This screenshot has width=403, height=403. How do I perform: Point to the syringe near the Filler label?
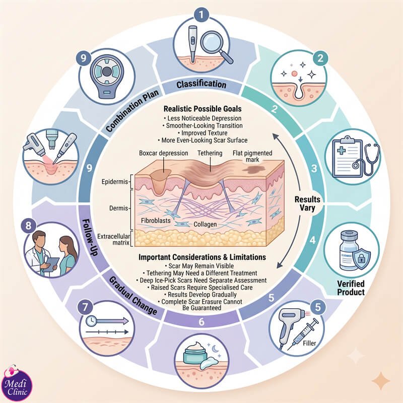(303, 333)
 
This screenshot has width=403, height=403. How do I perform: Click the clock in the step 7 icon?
(91, 321)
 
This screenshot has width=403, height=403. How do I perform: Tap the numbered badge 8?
(28, 226)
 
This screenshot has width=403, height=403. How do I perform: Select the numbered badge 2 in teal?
(320, 58)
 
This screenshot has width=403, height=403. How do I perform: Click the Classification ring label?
(201, 84)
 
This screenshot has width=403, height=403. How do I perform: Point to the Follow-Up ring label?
(90, 237)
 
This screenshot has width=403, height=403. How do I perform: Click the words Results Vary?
(307, 204)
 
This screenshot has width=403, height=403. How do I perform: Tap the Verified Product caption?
(351, 288)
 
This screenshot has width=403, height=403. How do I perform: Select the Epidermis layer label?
(115, 182)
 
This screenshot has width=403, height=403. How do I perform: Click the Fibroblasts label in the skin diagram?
(156, 220)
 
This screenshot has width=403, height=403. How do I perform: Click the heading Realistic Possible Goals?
(203, 109)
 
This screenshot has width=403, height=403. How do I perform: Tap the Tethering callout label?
(210, 153)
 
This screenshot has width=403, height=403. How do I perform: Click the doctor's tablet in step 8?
(52, 264)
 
